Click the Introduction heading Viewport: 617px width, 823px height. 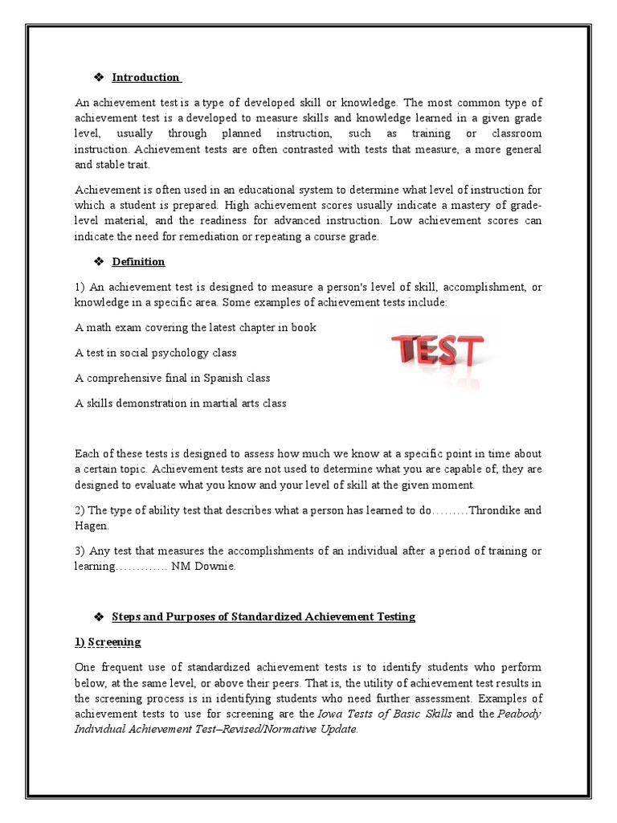point(145,77)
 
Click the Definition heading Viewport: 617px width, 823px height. point(138,261)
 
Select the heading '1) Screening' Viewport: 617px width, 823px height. point(108,641)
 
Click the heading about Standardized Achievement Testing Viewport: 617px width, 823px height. point(264,616)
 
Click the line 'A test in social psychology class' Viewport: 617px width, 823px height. point(155,353)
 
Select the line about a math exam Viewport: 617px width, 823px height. point(195,327)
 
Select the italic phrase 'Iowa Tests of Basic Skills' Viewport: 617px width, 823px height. point(384,714)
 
